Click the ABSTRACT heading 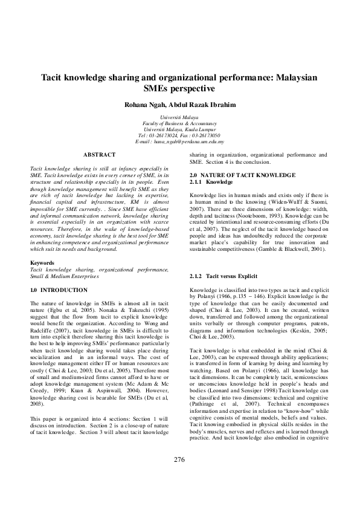click(99, 155)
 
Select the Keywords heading click(43, 263)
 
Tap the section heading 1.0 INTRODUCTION click(59, 291)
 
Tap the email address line click(180, 141)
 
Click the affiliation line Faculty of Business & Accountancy click(179, 122)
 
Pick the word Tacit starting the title click(53, 79)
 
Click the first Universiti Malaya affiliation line click(179, 115)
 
